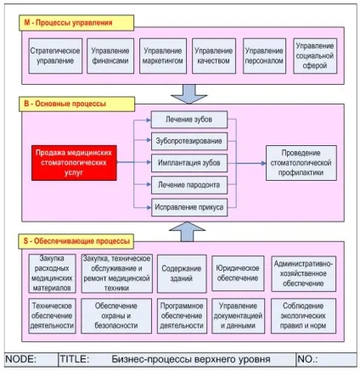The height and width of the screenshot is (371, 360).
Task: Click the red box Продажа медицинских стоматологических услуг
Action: tap(74, 163)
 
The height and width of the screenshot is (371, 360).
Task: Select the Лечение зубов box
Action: tap(189, 120)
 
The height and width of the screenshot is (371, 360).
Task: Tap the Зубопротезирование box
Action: tap(189, 141)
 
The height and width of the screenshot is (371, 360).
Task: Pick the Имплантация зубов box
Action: tap(189, 163)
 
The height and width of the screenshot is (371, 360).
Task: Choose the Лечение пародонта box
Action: tap(189, 185)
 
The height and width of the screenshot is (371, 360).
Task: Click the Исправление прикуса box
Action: tap(189, 207)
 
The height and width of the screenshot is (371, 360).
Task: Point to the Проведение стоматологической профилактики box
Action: tap(301, 163)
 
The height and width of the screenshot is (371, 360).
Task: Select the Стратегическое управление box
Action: tap(55, 56)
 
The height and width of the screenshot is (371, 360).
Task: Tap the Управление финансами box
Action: tap(110, 56)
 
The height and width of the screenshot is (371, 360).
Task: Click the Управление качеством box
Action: tap(214, 56)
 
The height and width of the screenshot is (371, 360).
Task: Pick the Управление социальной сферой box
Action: tap(315, 56)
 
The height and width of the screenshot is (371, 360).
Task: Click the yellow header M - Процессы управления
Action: tap(76, 23)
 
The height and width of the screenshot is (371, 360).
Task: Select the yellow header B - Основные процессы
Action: tap(76, 104)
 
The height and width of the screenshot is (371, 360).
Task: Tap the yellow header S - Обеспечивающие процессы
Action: tap(76, 241)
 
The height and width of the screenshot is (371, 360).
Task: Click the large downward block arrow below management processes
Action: tap(189, 94)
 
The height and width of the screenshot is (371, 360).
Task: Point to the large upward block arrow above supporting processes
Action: tap(187, 232)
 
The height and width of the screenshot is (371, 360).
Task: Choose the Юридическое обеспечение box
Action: tap(238, 273)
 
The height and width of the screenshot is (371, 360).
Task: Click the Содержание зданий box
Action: tap(182, 274)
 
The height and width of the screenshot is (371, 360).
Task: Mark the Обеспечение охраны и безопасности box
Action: tap(116, 316)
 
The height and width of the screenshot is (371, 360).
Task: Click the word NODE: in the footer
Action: tap(21, 359)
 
